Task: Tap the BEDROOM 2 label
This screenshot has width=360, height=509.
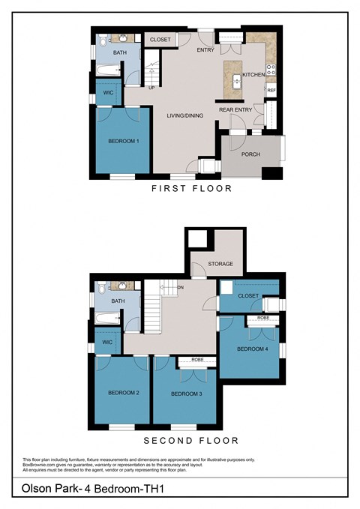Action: (123, 393)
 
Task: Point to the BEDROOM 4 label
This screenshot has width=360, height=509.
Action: (250, 349)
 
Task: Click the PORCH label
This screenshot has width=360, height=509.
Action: (250, 155)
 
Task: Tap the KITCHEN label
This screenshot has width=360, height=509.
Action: (252, 76)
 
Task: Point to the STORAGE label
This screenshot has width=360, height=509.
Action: (220, 264)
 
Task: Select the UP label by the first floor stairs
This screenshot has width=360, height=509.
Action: (152, 88)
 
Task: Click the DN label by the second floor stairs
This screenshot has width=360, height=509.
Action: (180, 287)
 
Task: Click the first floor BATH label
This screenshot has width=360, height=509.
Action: (120, 52)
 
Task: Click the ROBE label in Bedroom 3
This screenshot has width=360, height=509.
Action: (197, 360)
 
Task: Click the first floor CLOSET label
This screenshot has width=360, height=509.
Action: (160, 39)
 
